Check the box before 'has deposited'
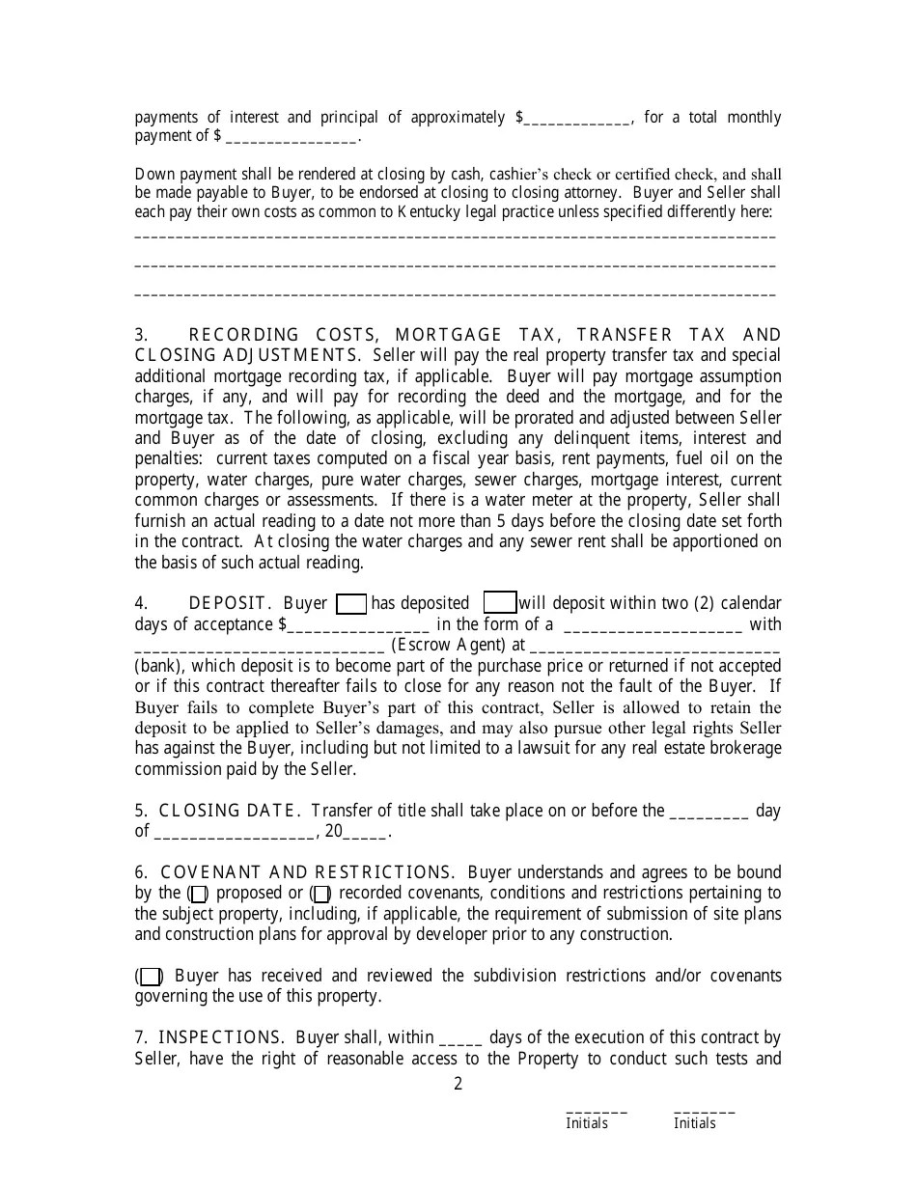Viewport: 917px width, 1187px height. [x=351, y=604]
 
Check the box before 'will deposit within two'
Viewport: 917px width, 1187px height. [x=499, y=603]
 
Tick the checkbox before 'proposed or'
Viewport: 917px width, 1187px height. [x=198, y=895]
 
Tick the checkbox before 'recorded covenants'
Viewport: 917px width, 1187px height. [x=321, y=895]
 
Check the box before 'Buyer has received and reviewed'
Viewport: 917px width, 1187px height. [x=150, y=977]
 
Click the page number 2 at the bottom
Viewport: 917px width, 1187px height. [x=458, y=1084]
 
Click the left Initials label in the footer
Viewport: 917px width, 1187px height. [x=587, y=1123]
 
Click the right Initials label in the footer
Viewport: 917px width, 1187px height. [x=695, y=1123]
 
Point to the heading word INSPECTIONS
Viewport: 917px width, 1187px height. [x=220, y=1037]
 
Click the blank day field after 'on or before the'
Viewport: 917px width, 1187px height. [x=709, y=813]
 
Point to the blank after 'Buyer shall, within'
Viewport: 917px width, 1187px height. [x=460, y=1039]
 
